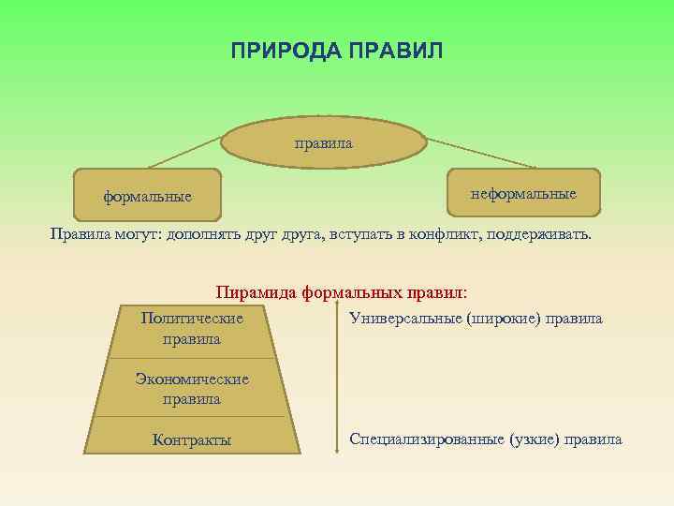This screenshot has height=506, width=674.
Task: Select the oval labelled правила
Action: [324, 143]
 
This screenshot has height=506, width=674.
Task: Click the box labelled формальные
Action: [147, 196]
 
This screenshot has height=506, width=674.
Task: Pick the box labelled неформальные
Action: [523, 193]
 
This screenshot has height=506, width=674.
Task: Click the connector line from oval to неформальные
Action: [477, 154]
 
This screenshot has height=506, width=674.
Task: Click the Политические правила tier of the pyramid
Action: [192, 329]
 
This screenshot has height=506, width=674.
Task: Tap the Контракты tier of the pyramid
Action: [192, 439]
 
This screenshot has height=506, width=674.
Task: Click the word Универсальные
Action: [401, 319]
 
